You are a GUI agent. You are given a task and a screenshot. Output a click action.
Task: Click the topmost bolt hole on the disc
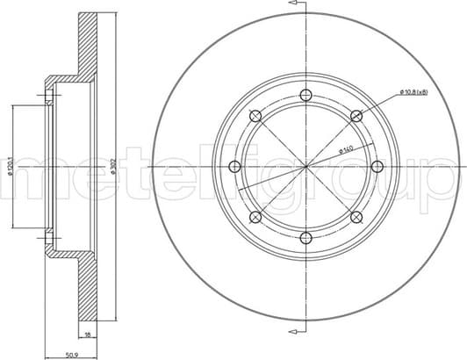click(x=305, y=96)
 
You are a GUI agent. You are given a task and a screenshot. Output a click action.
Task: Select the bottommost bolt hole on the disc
click(x=305, y=238)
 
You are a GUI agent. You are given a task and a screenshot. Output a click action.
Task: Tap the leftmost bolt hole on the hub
click(x=234, y=167)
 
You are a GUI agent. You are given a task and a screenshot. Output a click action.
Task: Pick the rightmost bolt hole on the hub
click(x=377, y=167)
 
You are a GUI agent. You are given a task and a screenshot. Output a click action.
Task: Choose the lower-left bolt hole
click(x=255, y=217)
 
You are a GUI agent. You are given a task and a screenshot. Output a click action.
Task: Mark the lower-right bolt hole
click(x=356, y=217)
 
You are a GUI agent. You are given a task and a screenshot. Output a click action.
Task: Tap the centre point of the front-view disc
click(x=305, y=167)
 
